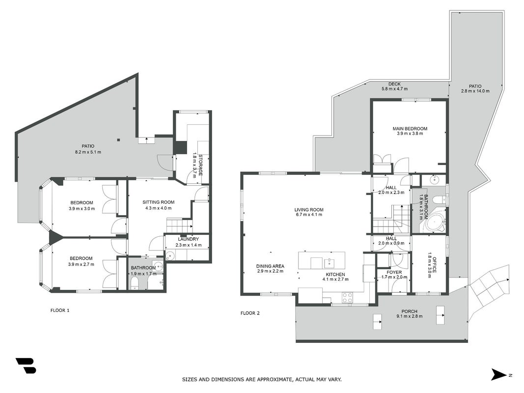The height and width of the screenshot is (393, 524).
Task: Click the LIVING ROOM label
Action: coord(309,210)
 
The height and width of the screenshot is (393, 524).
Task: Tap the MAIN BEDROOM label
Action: coord(410,129)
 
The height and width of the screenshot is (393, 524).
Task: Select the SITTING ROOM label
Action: coord(159,202)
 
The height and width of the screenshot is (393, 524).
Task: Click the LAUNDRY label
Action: coord(189,239)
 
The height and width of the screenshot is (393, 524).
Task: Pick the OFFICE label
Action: coord(435,265)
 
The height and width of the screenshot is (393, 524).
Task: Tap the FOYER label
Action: coord(394,272)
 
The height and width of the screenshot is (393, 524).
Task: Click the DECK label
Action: coord(394,84)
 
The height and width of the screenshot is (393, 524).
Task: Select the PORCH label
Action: coord(410,311)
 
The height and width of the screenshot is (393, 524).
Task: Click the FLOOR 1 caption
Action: coord(60,310)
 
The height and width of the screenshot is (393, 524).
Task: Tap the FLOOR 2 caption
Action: coord(250,313)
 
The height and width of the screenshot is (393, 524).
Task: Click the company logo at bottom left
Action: coord(26,365)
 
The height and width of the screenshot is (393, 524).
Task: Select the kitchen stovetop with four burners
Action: coord(348,297)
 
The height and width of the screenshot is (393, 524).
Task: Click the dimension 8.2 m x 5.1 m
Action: coord(88,152)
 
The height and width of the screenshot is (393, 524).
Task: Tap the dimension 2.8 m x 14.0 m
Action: coord(475,91)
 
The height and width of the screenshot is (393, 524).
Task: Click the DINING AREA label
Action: coord(271,266)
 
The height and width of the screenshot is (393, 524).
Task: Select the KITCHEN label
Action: coord(335,275)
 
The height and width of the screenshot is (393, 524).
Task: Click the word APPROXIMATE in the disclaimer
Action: coord(274,380)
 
